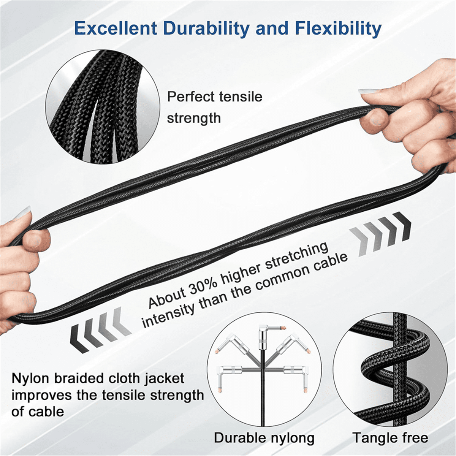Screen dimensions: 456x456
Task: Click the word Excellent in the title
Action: point(116,28)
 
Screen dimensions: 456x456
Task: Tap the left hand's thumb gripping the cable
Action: point(35,239)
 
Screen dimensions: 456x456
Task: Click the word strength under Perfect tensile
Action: point(194,118)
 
